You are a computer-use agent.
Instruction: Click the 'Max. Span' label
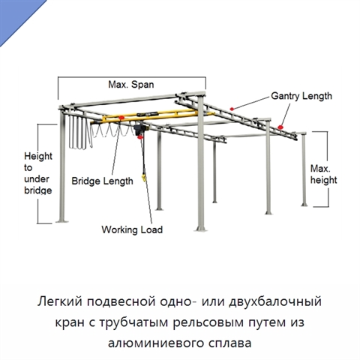131,85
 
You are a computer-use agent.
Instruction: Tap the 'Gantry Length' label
301,96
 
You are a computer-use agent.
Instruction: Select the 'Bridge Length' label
102,181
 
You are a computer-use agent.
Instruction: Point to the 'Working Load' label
132,229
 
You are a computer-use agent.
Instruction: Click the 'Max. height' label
323,174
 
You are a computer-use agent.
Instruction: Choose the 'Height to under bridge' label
38,173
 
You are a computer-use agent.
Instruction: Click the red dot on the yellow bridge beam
121,118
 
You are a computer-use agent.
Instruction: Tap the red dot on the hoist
140,137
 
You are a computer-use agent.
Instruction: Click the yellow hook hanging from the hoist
143,178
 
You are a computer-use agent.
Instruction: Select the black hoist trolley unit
139,130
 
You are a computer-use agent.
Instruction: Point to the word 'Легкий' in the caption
60,301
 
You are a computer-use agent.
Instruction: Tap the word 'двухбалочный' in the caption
275,301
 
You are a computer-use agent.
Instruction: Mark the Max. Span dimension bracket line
132,77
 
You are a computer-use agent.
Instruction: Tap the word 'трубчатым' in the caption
133,322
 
